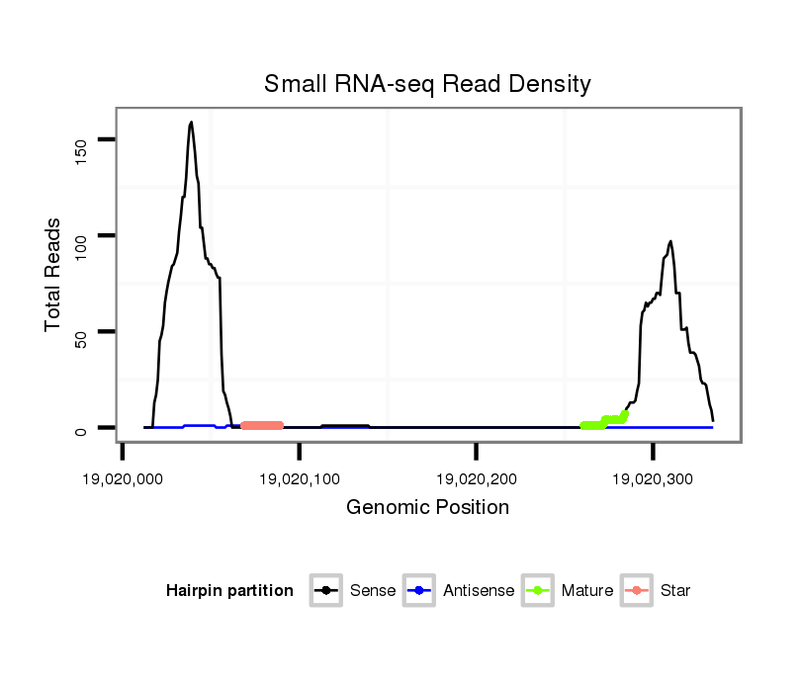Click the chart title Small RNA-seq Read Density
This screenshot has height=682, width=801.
427,84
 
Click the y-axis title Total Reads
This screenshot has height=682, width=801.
54,275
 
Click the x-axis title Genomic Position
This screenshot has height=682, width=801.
427,508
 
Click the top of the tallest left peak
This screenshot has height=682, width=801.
191,123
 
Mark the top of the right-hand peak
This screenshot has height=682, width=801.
670,241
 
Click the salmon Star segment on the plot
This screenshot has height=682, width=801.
262,425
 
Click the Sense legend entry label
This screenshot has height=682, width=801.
373,591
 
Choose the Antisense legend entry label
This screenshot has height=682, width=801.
480,591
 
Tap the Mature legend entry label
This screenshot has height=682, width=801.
587,591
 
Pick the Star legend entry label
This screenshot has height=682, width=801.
674,591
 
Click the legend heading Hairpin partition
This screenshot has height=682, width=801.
230,591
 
